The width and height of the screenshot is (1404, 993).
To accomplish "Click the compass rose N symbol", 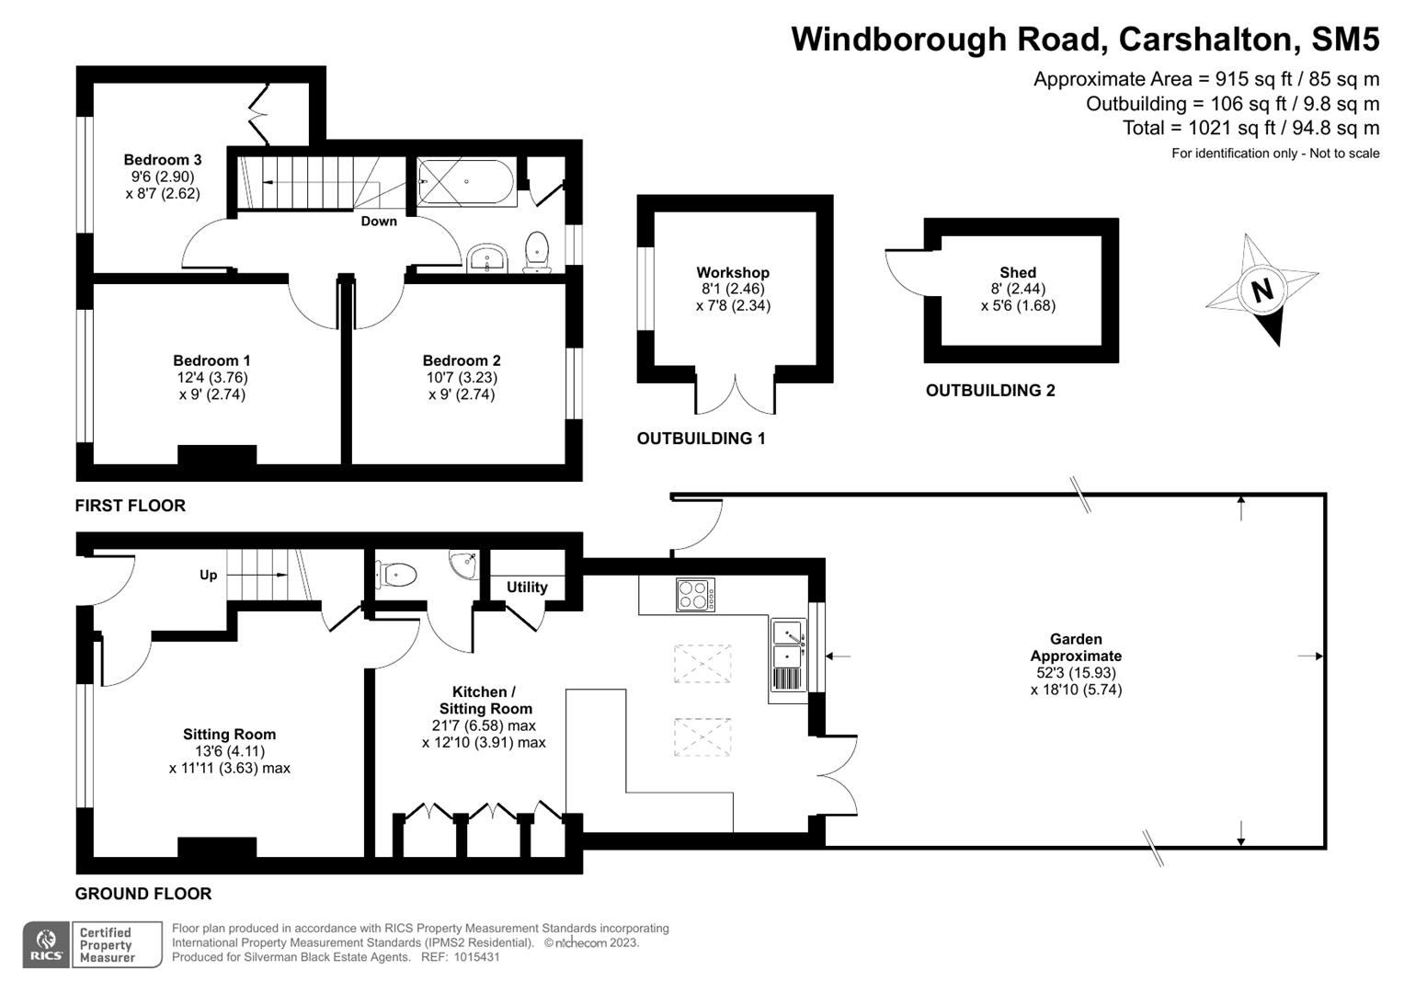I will (x=1261, y=291).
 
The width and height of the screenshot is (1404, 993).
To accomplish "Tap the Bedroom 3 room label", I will (x=163, y=160).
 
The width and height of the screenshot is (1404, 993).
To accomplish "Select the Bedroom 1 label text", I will (x=211, y=360).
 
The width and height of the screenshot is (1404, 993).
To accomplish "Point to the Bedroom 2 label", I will (x=462, y=360).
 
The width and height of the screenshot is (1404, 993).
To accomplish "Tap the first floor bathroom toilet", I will (x=536, y=251).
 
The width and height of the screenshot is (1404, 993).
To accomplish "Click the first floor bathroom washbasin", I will (x=486, y=257).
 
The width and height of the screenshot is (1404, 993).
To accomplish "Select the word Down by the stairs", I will (x=379, y=222).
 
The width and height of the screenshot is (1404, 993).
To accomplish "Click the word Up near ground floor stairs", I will (x=209, y=575).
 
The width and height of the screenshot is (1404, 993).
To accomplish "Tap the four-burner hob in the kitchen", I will (x=695, y=594).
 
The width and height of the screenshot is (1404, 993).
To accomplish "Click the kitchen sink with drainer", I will (x=789, y=655).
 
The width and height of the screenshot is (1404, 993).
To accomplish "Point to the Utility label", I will (x=527, y=587).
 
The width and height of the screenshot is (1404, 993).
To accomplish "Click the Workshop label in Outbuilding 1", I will (x=733, y=272).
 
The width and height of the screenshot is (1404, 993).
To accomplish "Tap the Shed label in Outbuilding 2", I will (x=1018, y=272).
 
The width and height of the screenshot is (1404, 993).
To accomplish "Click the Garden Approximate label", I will (x=1076, y=647).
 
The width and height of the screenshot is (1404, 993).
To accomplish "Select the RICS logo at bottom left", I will (x=47, y=944).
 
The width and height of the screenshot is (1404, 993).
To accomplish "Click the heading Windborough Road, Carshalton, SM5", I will (x=1085, y=40).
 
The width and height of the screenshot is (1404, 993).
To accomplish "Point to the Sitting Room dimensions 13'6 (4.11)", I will (x=229, y=751).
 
